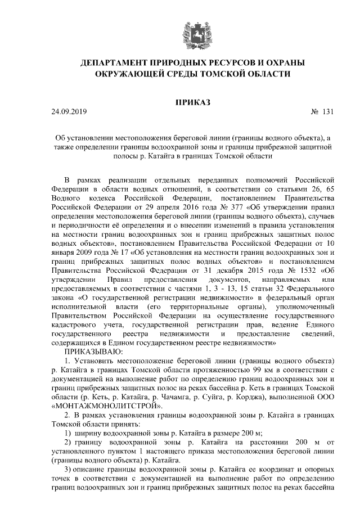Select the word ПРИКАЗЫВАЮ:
pos(89,350)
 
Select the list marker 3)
pos(67,469)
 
